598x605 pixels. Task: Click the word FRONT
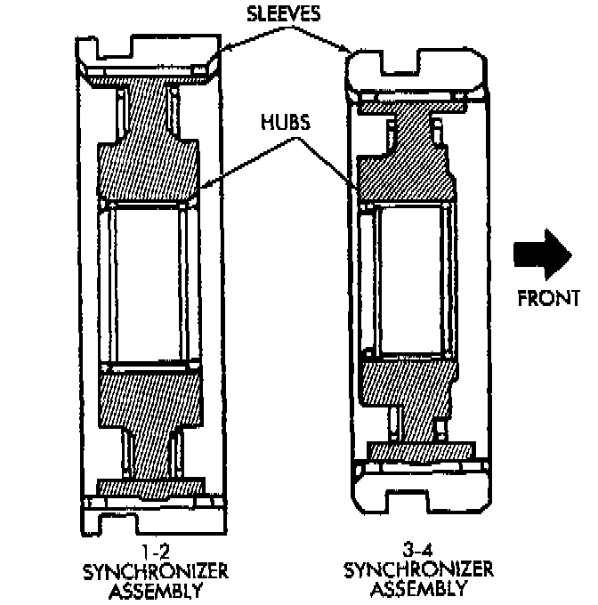(549, 297)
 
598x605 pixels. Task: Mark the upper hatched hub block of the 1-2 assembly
(147, 169)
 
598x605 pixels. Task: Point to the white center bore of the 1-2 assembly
(147, 285)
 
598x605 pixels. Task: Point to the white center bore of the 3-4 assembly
(405, 280)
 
